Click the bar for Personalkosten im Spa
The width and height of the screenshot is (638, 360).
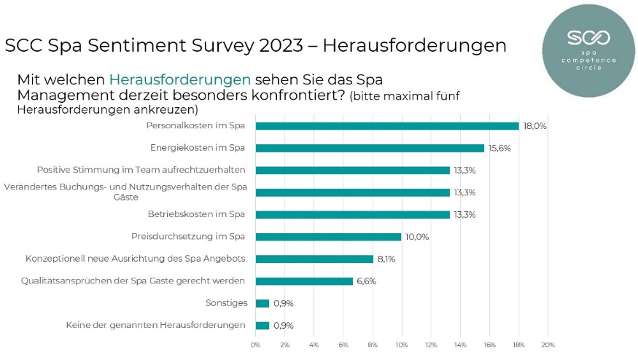(x=386, y=126)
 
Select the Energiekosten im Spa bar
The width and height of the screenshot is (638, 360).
(x=370, y=148)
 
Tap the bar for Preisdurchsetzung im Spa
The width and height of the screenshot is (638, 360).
(x=328, y=237)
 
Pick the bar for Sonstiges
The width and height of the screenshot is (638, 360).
(x=262, y=303)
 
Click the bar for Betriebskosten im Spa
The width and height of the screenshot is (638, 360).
(x=352, y=215)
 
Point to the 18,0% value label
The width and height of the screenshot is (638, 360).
(x=534, y=126)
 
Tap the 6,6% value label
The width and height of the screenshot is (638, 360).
(x=366, y=281)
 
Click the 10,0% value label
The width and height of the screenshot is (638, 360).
(x=417, y=237)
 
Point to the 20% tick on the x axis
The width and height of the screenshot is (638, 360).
(x=548, y=345)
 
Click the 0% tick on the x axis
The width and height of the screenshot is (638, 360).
(x=255, y=345)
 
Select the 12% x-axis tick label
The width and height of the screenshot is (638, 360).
(x=431, y=345)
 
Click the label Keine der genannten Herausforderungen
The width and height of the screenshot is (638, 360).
(x=155, y=325)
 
